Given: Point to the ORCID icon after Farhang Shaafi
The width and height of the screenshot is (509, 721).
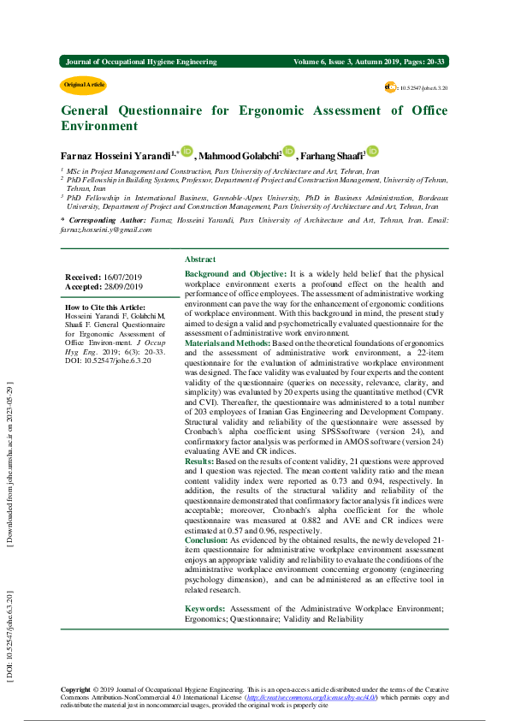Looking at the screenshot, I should tap(372, 152).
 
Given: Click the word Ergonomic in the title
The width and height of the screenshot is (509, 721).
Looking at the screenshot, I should tap(275, 110).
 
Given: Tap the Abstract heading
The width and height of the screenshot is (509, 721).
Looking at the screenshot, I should tap(200, 259).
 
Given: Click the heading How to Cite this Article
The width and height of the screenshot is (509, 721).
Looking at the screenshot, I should tap(105, 307).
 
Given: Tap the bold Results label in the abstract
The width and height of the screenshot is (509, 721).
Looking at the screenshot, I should tap(199, 461).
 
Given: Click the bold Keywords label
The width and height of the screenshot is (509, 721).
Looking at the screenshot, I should tap(204, 608).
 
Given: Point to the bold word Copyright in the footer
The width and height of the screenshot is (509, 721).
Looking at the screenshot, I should tap(75, 689).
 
